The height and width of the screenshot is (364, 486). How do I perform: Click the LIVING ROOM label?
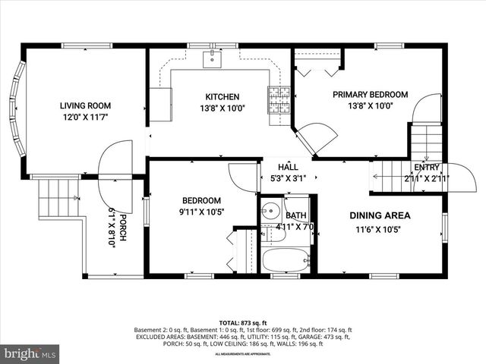[85, 106]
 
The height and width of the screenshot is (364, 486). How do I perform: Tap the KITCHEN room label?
[222, 97]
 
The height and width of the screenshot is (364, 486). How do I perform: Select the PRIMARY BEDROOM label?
[370, 95]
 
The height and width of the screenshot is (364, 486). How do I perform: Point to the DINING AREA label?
[379, 215]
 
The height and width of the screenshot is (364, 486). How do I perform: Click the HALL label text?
[288, 167]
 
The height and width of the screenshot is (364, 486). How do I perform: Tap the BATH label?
[296, 215]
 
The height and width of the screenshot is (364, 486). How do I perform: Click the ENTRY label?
[427, 168]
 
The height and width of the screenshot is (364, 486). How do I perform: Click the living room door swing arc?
[112, 159]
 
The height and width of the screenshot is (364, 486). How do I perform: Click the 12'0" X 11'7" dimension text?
[85, 118]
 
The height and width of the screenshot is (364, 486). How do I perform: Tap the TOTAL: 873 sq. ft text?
[242, 322]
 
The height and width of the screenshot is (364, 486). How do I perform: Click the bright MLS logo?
[30, 353]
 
